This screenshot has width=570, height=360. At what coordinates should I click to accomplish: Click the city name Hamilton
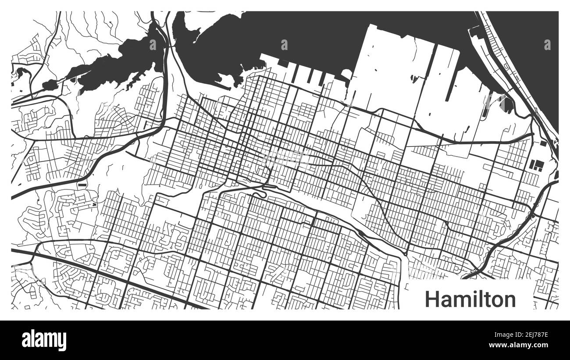470,299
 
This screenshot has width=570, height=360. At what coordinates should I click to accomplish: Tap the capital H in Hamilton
432,299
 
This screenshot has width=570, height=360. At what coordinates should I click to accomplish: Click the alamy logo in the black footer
44,340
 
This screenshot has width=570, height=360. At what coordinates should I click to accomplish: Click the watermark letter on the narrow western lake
153,44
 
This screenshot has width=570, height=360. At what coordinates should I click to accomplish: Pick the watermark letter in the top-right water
547,44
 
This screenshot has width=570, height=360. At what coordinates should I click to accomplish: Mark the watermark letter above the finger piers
284,44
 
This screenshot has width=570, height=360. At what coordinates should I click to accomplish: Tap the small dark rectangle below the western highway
82,185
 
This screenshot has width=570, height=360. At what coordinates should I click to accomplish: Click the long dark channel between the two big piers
451,90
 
